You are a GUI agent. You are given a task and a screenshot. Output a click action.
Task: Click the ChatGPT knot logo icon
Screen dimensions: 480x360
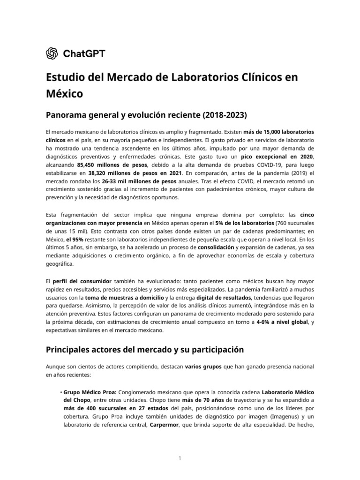click(52, 53)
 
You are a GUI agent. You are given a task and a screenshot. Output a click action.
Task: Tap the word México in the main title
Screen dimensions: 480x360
click(64, 93)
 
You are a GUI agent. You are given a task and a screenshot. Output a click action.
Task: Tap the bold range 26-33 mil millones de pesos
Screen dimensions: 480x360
click(112, 181)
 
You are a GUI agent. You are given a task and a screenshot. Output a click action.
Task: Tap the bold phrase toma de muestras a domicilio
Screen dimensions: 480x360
click(123, 298)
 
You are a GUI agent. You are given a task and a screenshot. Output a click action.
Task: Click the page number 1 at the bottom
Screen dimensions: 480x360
click(180, 458)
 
